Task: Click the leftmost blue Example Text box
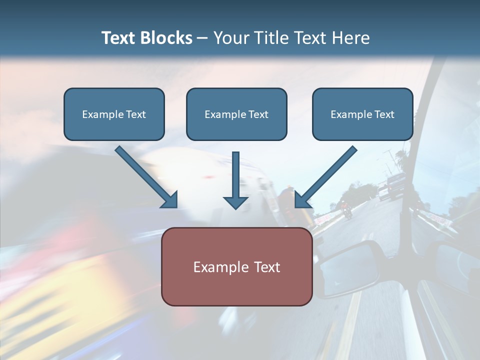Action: click(114, 114)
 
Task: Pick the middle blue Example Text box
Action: click(236, 114)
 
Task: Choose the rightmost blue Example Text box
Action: click(362, 114)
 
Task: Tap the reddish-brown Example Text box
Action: click(236, 266)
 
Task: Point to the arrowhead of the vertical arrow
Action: click(235, 202)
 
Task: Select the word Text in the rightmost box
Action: click(383, 114)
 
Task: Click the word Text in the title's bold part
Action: click(118, 38)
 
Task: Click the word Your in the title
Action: click(231, 38)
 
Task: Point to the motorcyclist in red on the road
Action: click(345, 209)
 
